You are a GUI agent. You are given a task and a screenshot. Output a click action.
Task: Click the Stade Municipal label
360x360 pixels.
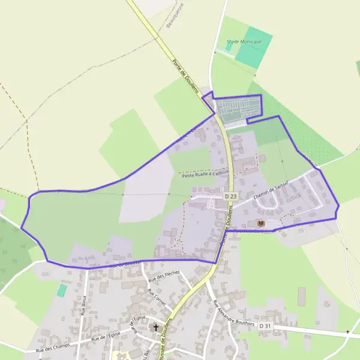[244, 41]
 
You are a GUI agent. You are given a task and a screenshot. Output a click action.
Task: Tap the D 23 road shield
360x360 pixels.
[231, 196]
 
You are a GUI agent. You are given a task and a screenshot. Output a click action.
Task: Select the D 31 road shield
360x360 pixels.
[266, 326]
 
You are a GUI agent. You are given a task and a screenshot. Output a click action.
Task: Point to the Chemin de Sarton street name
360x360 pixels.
[271, 189]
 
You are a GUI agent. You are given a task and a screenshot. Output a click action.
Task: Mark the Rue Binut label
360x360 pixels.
[83, 305]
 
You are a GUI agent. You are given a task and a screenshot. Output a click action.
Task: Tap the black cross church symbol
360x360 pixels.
[157, 328]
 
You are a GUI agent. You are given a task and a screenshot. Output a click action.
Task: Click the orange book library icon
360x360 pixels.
[260, 223]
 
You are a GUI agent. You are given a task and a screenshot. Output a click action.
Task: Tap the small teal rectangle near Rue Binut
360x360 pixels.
[62, 290]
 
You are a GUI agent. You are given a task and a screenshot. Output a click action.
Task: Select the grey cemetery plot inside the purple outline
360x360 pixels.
[238, 108]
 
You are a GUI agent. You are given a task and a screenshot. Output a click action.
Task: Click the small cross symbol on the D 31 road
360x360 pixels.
[347, 332]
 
